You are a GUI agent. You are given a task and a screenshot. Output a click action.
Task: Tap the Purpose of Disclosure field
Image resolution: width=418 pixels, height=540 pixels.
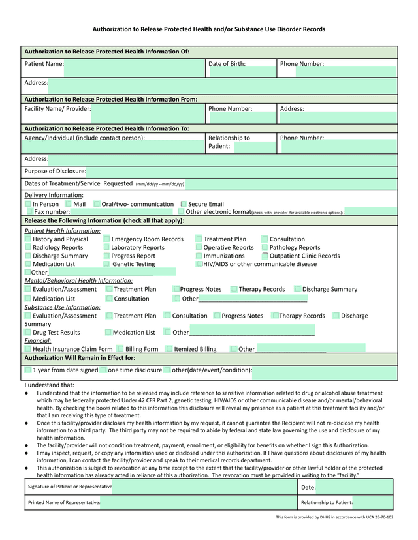[242, 172]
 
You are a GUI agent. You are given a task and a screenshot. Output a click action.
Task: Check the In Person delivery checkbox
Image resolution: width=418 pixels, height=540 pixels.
[28, 204]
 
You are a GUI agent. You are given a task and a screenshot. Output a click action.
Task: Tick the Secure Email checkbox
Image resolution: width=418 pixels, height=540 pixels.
[184, 204]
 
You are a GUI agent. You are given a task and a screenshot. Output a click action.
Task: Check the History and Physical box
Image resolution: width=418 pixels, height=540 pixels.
[28, 239]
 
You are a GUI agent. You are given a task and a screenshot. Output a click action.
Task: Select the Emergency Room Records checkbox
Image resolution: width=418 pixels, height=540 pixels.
[106, 239]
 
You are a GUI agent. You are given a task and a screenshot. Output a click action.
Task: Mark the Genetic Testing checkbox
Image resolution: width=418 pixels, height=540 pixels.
[106, 264]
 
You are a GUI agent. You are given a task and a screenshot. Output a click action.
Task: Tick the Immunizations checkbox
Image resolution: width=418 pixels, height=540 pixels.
[199, 256]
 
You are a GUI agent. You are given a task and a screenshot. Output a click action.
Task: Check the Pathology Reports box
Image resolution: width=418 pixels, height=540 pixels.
[265, 247]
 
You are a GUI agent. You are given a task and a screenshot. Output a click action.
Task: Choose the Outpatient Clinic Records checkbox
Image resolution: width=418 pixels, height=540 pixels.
[265, 256]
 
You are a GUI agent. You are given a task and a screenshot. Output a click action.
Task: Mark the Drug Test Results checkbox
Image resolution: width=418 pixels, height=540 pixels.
[28, 333]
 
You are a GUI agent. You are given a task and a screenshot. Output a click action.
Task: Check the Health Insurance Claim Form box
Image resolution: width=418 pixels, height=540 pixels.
[28, 349]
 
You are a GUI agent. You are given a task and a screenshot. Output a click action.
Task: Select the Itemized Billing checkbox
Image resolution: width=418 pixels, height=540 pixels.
[169, 349]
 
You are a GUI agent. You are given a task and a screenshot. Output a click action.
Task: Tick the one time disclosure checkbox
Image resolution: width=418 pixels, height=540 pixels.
[103, 370]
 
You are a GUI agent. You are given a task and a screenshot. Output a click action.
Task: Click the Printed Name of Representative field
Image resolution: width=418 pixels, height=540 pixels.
[199, 503]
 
